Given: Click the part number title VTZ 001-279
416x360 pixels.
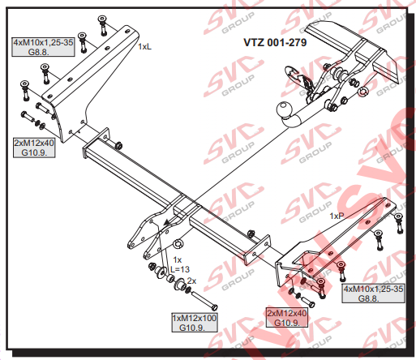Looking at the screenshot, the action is coord(275,42).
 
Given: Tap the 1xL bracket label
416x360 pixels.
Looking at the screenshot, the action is coord(144,47).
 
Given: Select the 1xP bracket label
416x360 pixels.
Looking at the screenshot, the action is coord(337,216).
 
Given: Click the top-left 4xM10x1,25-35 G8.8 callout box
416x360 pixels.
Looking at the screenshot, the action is coord(43,47).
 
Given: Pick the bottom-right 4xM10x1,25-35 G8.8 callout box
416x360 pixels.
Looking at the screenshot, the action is coord(373,294).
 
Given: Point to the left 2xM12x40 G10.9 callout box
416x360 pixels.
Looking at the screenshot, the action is coord(34,148).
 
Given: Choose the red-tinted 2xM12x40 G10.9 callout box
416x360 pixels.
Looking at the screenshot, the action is coord(287,318).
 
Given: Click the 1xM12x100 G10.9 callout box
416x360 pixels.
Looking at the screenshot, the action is coord(195,323).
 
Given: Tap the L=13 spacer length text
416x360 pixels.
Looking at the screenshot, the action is coord(180,269).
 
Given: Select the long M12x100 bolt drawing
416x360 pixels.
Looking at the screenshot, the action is coord(204,300).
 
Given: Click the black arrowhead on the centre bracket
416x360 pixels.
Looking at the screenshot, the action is coord(167,222).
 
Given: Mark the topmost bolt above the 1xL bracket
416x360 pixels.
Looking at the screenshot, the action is coord(102,25).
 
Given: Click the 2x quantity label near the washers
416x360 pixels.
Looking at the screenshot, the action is coord(191,281).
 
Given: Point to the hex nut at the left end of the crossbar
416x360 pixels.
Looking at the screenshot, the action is coord(118,145).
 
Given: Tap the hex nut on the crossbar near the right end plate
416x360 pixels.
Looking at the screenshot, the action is coord(251,233).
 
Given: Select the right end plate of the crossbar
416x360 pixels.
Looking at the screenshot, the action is coord(258,250).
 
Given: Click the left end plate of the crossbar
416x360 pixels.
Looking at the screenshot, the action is coord(96,144).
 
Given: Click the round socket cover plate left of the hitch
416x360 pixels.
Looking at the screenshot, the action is coord(292,73).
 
